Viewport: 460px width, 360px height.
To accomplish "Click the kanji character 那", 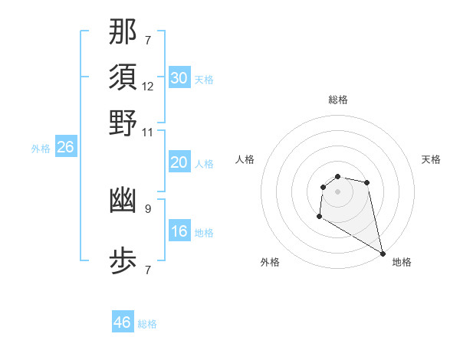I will (123, 32).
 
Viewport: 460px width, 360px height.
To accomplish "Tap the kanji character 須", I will (123, 77).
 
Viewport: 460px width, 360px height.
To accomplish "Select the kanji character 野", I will (123, 123).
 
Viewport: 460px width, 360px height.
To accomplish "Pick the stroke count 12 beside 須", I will (148, 87).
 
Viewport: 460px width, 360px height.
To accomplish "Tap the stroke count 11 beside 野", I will (148, 132).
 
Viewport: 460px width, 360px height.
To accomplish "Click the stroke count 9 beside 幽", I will (148, 207).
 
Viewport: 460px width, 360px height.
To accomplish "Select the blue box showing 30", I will (179, 78).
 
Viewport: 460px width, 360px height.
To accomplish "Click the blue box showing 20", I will (179, 162).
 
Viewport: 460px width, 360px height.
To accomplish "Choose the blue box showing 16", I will (179, 231).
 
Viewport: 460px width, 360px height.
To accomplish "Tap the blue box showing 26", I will (66, 147).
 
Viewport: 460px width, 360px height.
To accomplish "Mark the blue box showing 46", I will (123, 322).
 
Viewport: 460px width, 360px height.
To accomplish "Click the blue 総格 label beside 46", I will (147, 324).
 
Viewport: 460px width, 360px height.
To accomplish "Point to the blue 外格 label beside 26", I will (41, 149).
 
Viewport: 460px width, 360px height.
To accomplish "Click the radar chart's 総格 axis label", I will (338, 100).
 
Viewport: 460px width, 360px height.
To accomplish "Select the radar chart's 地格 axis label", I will (402, 262).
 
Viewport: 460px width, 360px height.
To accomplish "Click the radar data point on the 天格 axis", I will (367, 182).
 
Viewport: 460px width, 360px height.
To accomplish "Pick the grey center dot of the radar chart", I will (338, 191).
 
